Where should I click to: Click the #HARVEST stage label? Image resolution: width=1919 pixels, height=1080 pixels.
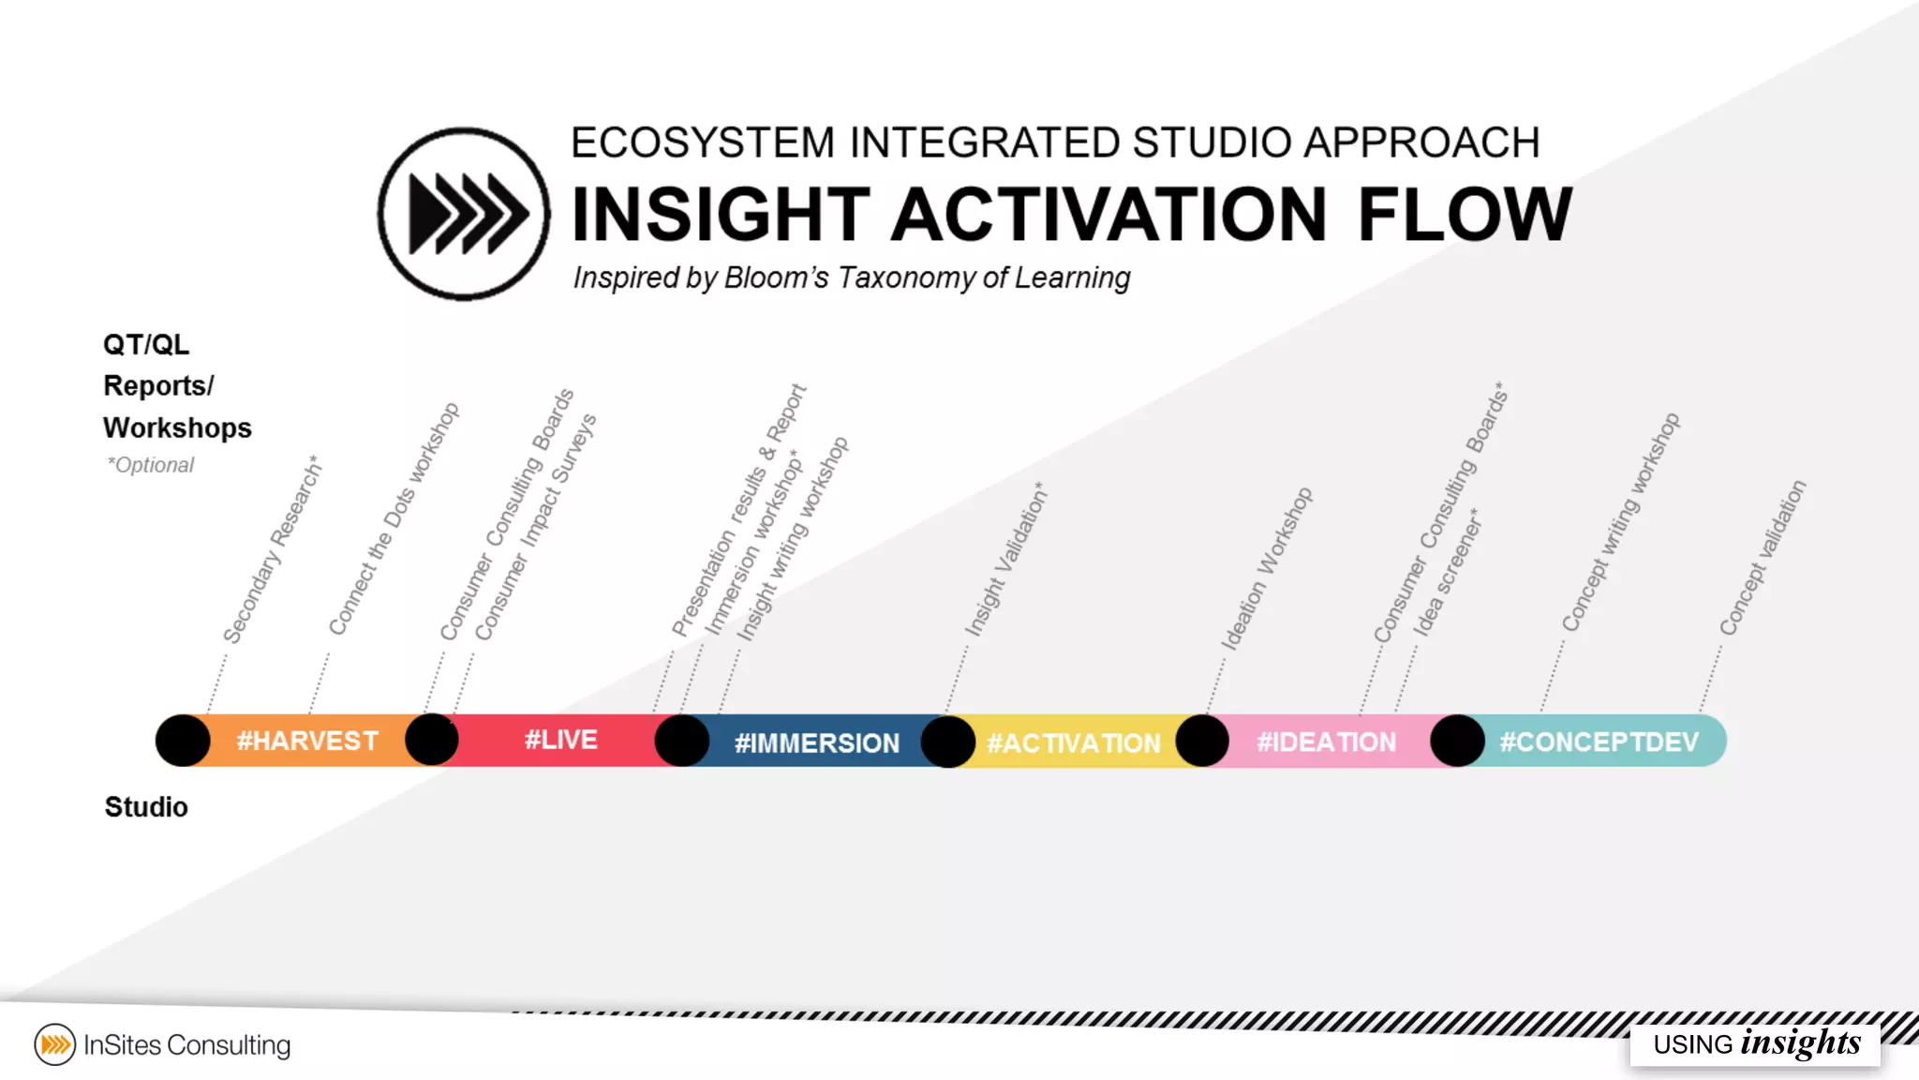(307, 741)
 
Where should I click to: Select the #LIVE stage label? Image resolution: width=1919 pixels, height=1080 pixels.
(560, 740)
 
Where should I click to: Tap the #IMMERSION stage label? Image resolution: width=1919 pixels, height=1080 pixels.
(816, 742)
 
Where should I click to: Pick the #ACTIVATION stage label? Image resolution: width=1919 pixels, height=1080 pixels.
(1073, 742)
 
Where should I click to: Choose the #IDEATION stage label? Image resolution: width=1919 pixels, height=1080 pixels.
(1326, 742)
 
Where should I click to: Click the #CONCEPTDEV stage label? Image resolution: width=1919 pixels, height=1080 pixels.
(1599, 742)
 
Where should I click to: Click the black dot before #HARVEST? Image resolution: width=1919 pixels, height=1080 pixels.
(183, 741)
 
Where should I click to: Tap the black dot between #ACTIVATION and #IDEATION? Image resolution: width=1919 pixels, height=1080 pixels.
(1202, 741)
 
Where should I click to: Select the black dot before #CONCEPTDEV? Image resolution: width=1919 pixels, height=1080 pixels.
(1457, 741)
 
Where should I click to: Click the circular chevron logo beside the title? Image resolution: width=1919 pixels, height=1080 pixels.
(464, 214)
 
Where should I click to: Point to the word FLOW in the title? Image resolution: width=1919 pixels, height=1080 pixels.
(1465, 215)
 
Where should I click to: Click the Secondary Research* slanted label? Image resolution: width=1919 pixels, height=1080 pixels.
(272, 551)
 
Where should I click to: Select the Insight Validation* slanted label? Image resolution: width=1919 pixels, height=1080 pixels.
(1006, 561)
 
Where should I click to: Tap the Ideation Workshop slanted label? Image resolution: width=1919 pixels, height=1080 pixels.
(1266, 569)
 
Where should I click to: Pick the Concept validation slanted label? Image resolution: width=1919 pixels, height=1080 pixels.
(1762, 558)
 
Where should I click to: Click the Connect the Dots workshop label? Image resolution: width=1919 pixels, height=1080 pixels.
(394, 518)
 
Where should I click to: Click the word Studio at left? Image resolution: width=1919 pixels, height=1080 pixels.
(146, 806)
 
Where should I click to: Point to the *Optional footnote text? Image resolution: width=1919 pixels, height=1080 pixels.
(151, 465)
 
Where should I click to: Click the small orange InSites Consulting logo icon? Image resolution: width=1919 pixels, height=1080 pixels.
(55, 1044)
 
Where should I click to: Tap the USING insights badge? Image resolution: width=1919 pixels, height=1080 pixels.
(1755, 1043)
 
